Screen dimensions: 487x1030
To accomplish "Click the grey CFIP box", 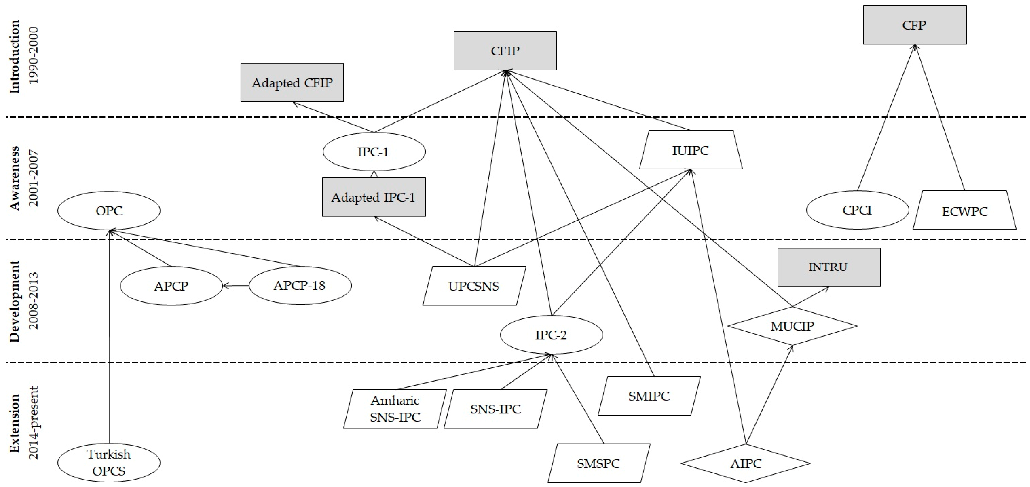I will pyautogui.click(x=505, y=51).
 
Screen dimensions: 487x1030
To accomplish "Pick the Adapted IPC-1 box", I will pyautogui.click(x=374, y=197).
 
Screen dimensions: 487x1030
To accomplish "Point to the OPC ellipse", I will pyautogui.click(x=109, y=210).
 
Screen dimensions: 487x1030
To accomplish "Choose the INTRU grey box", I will pyautogui.click(x=828, y=267).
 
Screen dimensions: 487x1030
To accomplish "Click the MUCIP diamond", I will pyautogui.click(x=792, y=326).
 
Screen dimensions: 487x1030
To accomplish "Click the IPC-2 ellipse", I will pyautogui.click(x=551, y=335).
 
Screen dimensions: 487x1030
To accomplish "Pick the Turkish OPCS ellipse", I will pyautogui.click(x=109, y=463).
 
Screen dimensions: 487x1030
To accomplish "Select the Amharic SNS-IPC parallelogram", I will pyautogui.click(x=395, y=409).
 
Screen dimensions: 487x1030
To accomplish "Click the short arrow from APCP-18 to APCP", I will pyautogui.click(x=236, y=286).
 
